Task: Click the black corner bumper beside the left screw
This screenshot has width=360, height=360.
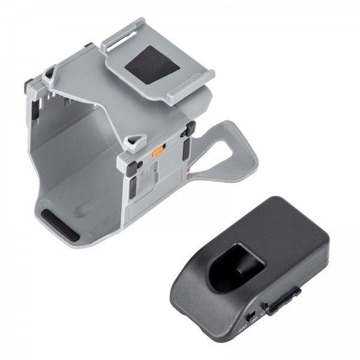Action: [131, 187]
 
